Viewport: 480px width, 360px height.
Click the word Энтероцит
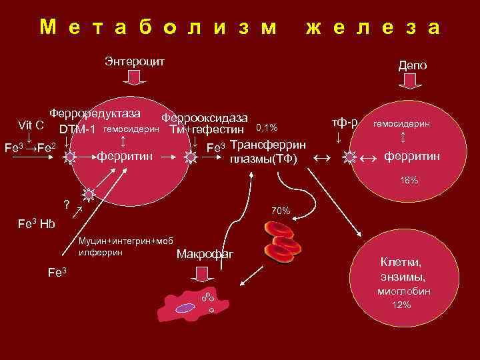coord(135,61)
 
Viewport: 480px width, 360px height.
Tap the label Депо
coord(413,65)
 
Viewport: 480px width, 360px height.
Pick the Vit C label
coord(31,125)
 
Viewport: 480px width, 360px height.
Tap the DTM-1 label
coord(77,129)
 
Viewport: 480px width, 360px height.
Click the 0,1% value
coord(267,128)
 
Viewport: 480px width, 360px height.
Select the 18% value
coord(409,181)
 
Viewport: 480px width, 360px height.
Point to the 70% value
coord(281,211)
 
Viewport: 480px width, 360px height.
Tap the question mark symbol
coord(66,204)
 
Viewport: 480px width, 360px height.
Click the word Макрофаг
coord(204,255)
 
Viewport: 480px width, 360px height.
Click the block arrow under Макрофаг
coord(201,273)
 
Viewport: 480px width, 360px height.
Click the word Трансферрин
coord(268,146)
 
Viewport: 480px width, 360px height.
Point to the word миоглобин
coord(404,291)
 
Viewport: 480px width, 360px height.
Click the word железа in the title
coord(372,27)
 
